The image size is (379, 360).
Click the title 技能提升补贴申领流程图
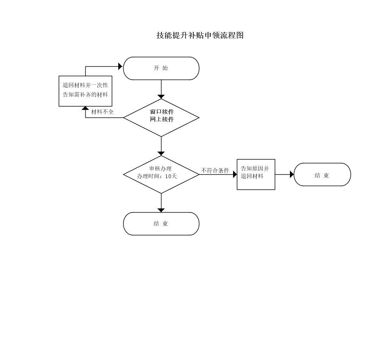coord(200,35)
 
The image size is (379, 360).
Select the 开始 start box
coord(161,68)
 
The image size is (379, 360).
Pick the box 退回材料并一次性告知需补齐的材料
coord(85,91)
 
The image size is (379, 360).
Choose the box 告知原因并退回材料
coord(256,174)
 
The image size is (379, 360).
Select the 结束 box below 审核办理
coord(161,224)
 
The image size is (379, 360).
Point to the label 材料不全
coord(102,112)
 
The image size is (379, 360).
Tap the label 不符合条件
coord(215,171)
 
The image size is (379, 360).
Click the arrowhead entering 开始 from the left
coord(121,66)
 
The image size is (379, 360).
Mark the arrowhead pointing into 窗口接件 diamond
coord(161,97)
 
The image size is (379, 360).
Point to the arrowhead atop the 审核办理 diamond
coord(161,153)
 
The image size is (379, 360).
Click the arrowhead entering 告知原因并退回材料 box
coord(235,174)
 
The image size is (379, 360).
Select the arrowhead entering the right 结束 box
coord(292,174)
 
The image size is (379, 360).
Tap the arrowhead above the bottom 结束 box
coord(161,210)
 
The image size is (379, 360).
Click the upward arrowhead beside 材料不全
coord(85,108)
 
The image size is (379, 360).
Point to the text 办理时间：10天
coord(157,177)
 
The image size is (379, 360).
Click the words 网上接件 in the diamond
coord(162,119)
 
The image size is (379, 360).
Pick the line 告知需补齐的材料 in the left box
coord(85,95)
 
